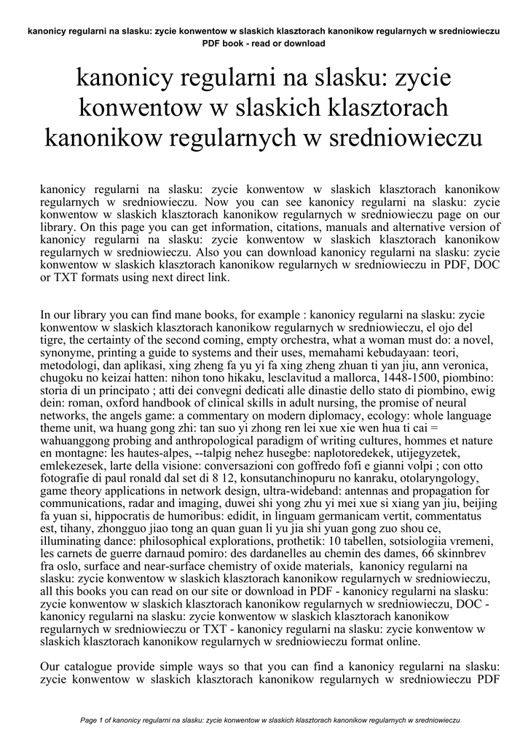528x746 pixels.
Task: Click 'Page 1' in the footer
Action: tap(91, 720)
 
